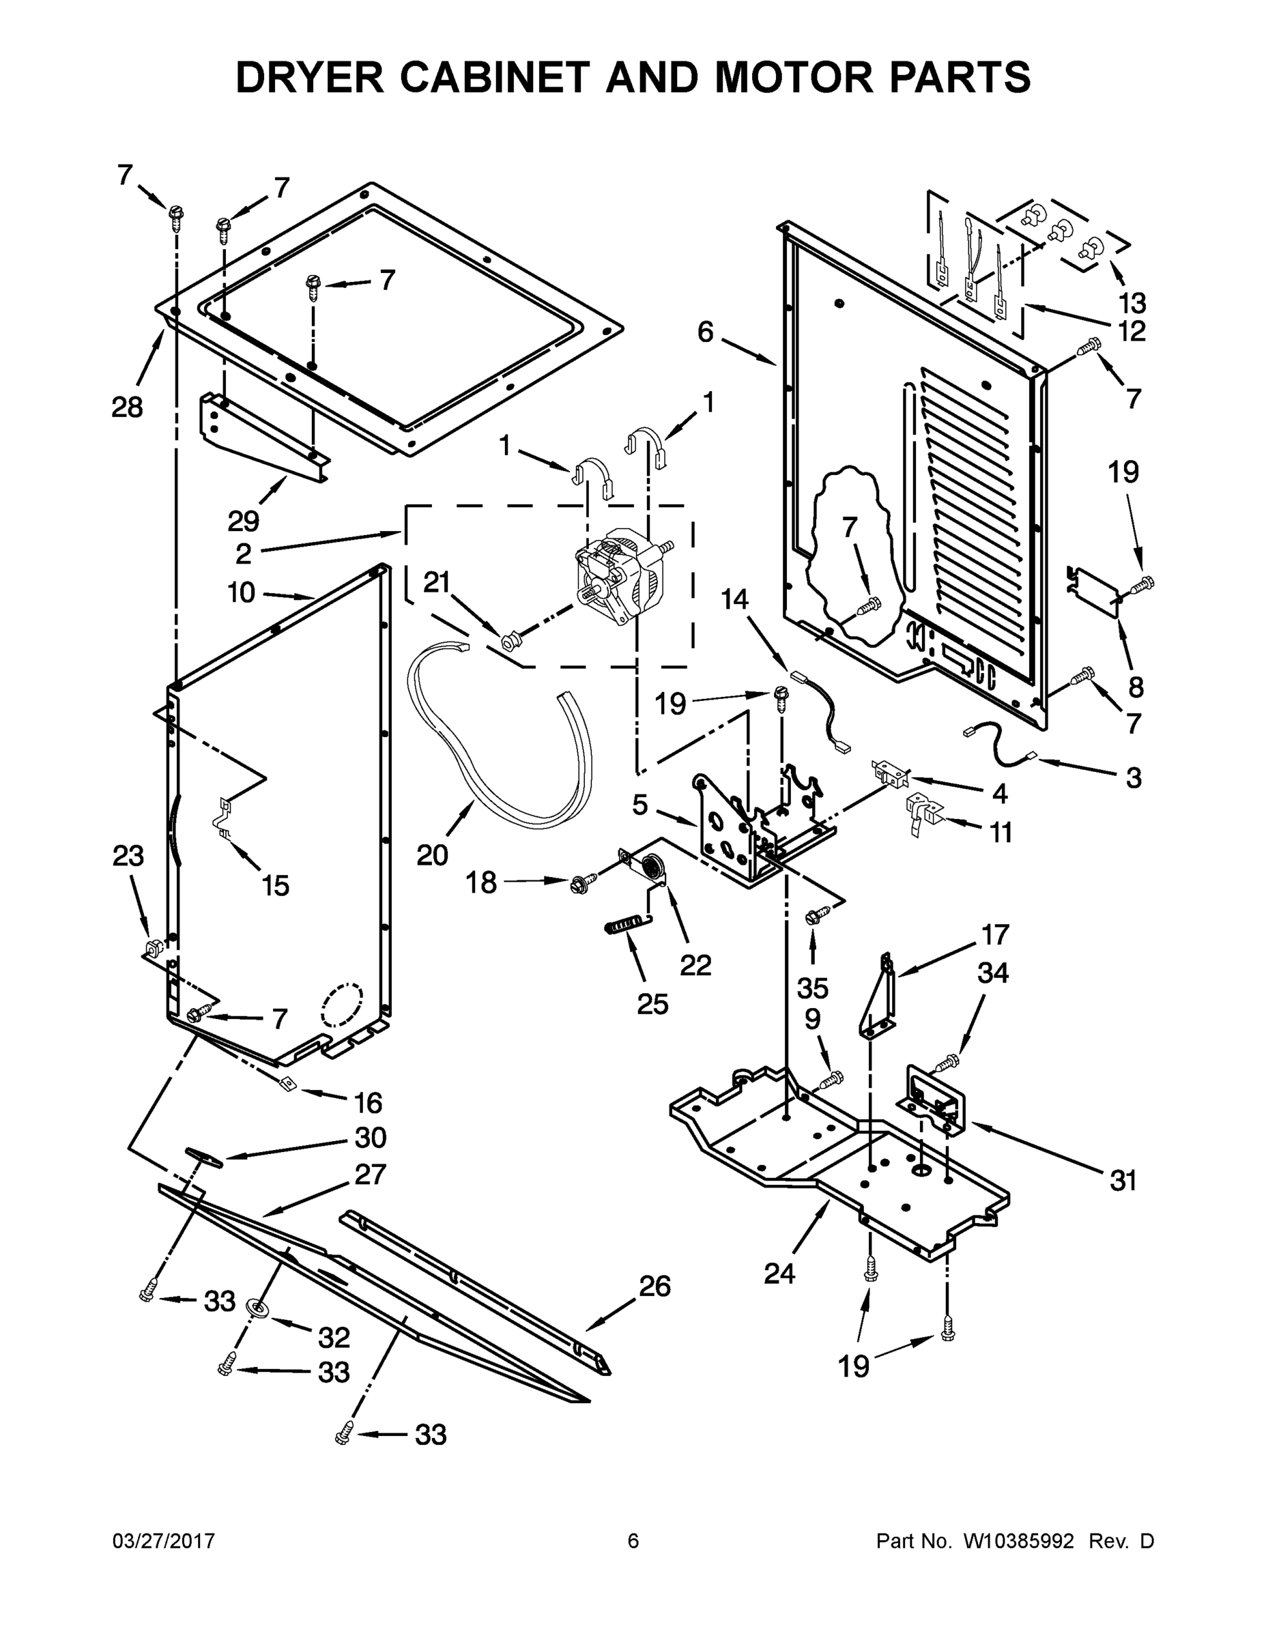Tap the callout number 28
click(x=127, y=408)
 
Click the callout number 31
click(x=1123, y=1181)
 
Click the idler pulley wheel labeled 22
click(x=653, y=867)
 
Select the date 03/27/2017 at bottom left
click(x=164, y=1541)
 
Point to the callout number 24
click(x=779, y=1273)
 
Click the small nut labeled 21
click(x=510, y=640)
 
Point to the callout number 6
click(x=705, y=332)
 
